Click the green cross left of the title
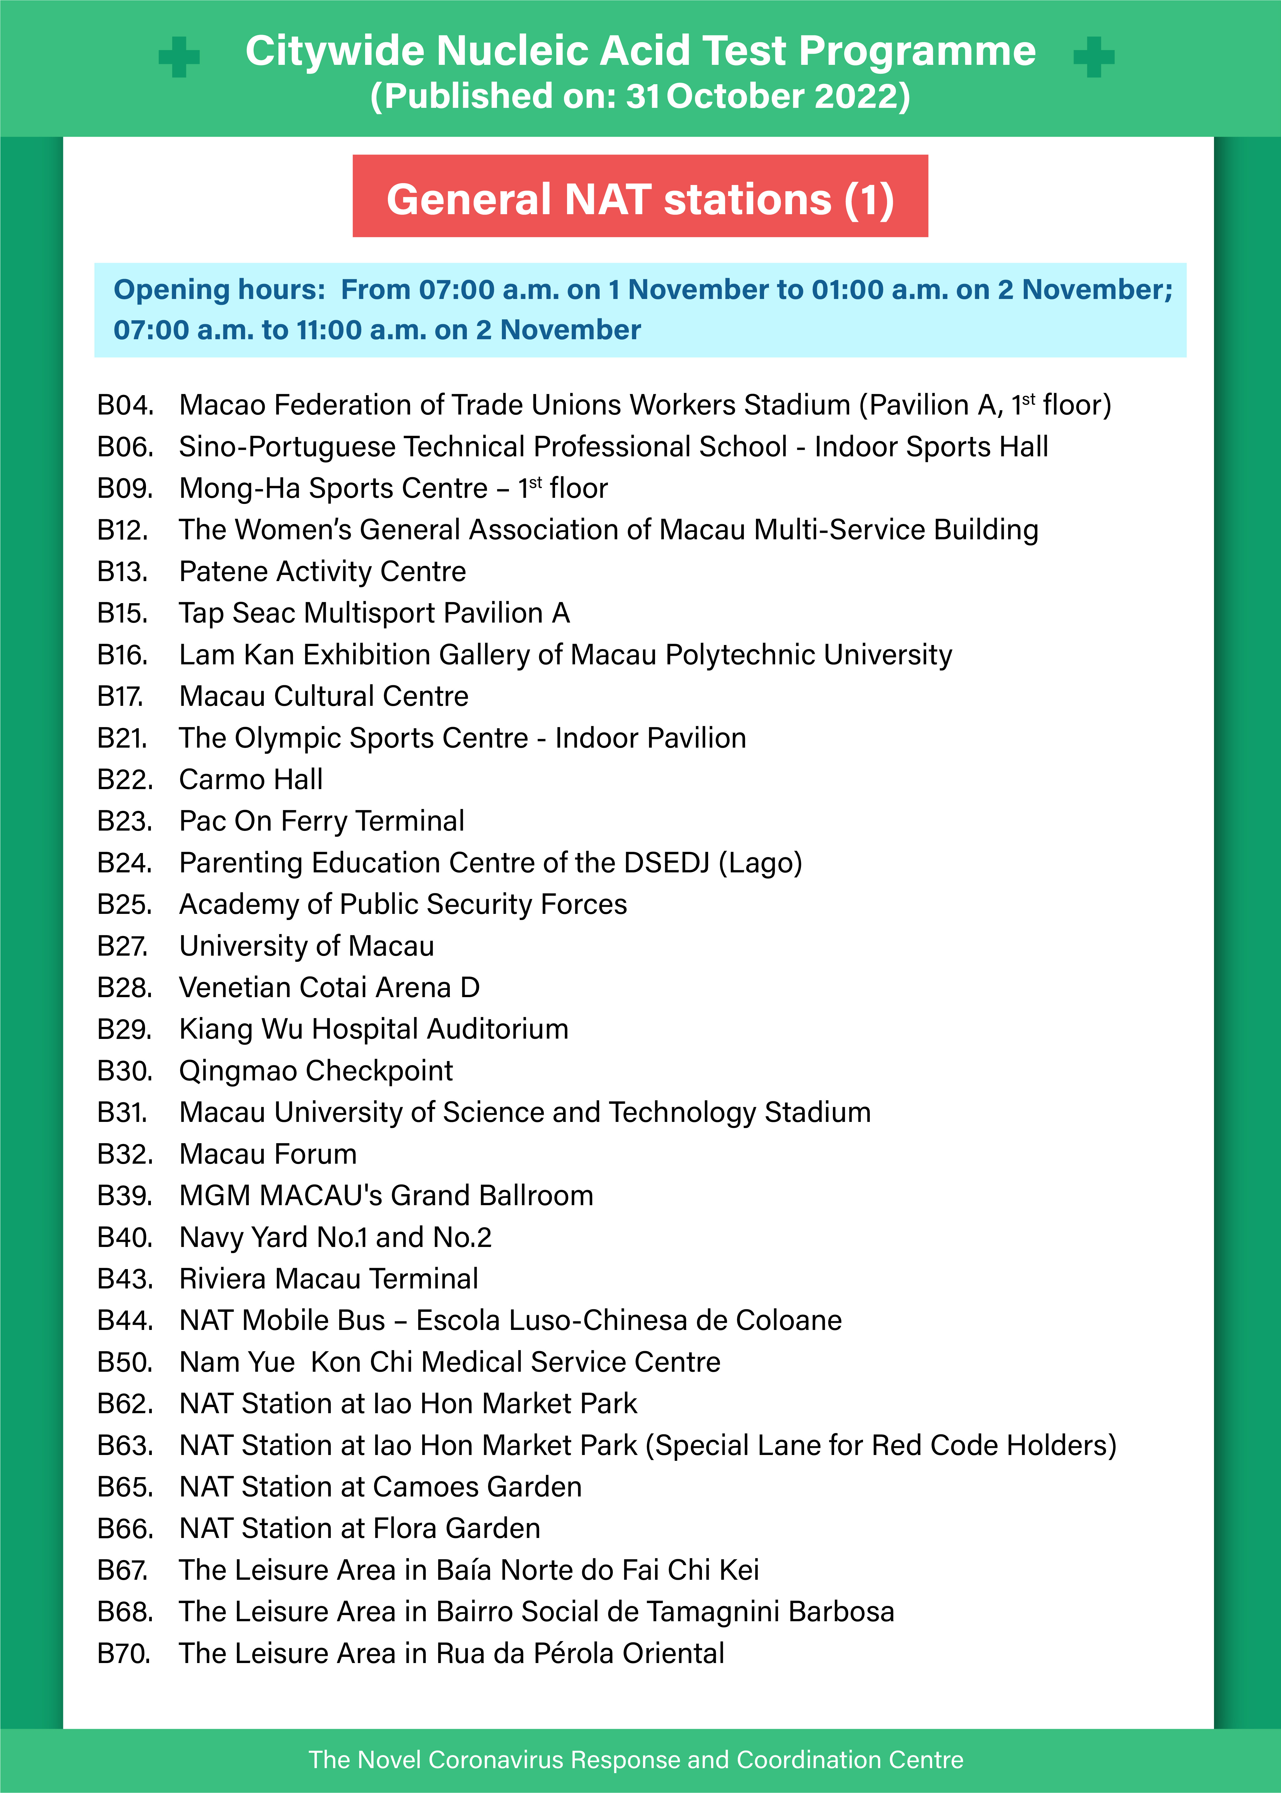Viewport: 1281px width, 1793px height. (x=179, y=57)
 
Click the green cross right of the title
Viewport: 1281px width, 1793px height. (x=1094, y=57)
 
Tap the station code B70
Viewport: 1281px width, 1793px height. (x=124, y=1653)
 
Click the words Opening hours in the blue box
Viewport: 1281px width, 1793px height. (x=219, y=290)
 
